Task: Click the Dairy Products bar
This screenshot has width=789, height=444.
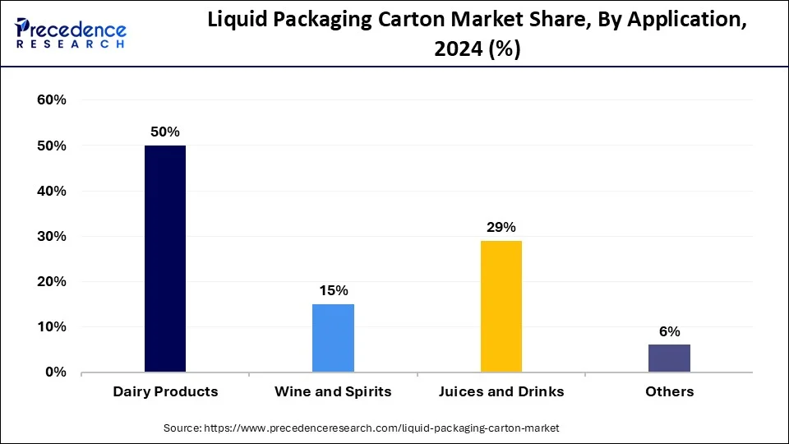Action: [x=165, y=259]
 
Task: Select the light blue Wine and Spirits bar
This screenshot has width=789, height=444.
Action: [x=333, y=338]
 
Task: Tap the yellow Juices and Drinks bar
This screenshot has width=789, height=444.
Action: [x=501, y=306]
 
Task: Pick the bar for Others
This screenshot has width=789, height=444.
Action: [x=669, y=358]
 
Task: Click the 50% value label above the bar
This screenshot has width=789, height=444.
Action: [x=164, y=132]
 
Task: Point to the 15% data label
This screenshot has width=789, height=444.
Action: [x=333, y=290]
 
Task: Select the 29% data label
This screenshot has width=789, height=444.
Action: [x=501, y=227]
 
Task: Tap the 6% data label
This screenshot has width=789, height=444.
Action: [x=669, y=331]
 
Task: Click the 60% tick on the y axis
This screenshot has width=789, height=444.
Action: [x=51, y=100]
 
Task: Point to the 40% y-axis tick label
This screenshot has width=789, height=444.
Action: [x=51, y=191]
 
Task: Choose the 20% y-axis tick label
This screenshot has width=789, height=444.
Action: [x=51, y=281]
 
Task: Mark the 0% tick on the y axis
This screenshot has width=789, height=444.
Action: [x=55, y=372]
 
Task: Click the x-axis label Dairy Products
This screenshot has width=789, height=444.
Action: [x=165, y=391]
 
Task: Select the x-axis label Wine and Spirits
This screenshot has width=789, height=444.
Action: [x=333, y=391]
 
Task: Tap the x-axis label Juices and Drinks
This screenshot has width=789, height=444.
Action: [x=501, y=391]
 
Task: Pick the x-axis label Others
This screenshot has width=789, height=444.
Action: [x=669, y=391]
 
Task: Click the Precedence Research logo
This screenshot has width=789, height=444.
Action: [x=71, y=34]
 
